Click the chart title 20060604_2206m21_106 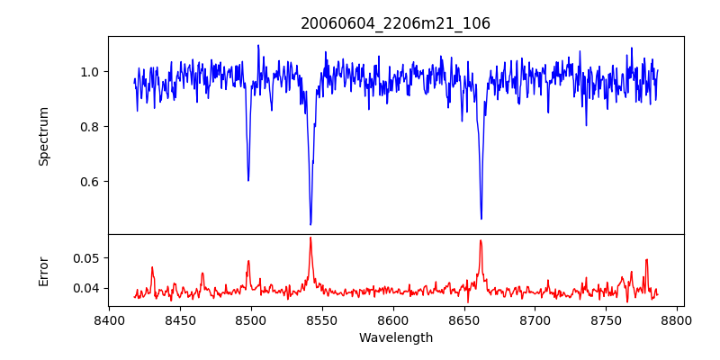[395, 23]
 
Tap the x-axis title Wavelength [395, 338]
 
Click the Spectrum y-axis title [44, 136]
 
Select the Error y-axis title [44, 271]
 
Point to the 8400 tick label [109, 319]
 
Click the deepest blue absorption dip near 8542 [310, 224]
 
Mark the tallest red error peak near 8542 [310, 238]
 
